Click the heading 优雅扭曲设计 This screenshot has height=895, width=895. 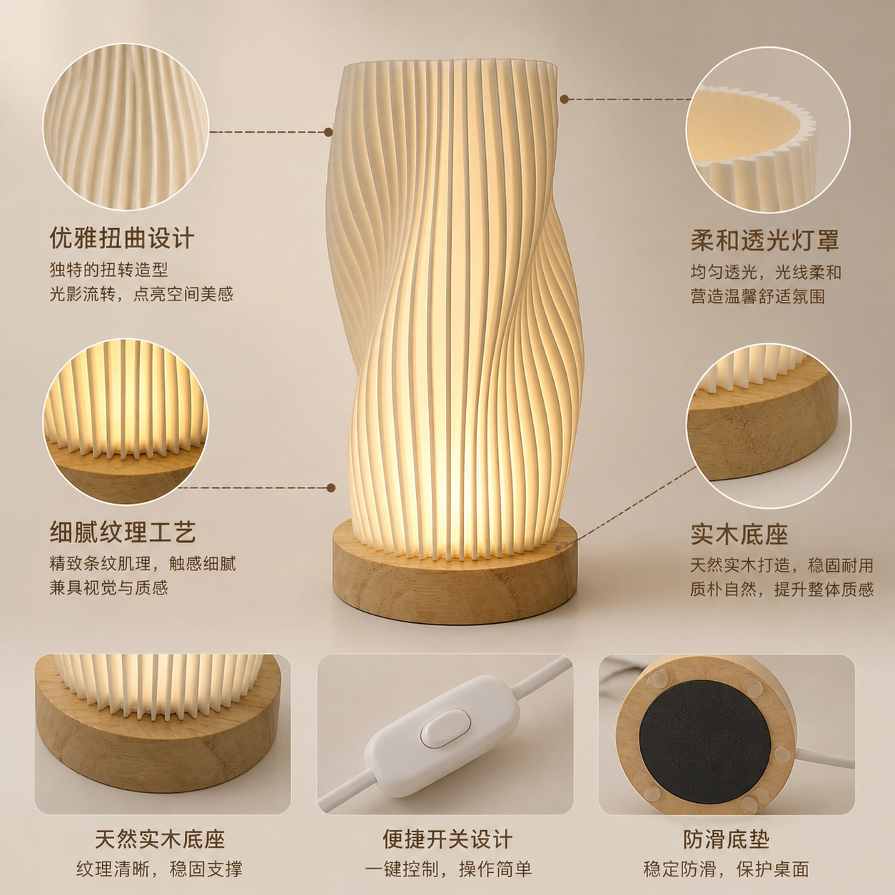coord(121,238)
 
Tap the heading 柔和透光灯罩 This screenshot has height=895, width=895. coord(764,240)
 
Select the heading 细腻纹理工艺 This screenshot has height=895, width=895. coord(123,532)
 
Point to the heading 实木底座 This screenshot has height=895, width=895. coord(739,535)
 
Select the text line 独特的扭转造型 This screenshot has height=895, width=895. coord(108,270)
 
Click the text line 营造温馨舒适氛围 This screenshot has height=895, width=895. coord(757,296)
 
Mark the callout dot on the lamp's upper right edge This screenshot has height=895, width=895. coord(565,99)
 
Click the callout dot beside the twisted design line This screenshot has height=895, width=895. coord(328,132)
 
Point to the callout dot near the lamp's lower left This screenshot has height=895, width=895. coord(331,487)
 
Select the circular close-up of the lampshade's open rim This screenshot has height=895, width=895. coord(768,130)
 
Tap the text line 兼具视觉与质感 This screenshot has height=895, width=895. coord(108,587)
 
